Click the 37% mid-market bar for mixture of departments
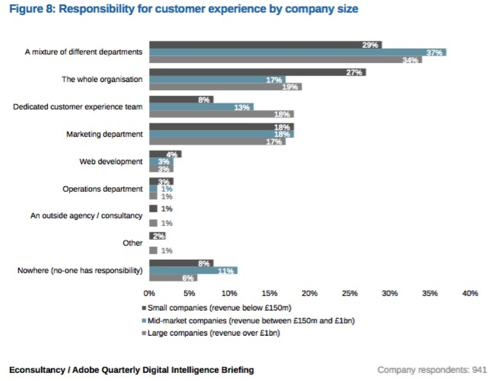coord(297,52)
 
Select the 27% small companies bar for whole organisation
coord(257,72)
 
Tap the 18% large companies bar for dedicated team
coord(221,114)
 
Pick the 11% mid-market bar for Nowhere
coord(193,270)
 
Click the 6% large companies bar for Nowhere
coord(173,278)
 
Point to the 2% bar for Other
coord(157,236)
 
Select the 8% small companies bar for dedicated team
coord(181,99)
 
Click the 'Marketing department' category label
coord(105,134)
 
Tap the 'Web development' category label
coord(111,162)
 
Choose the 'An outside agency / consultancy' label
coord(86,216)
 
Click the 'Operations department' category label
coord(102,189)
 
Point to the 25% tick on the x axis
coord(349,293)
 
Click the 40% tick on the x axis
coord(469,293)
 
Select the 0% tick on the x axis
coord(149,293)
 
